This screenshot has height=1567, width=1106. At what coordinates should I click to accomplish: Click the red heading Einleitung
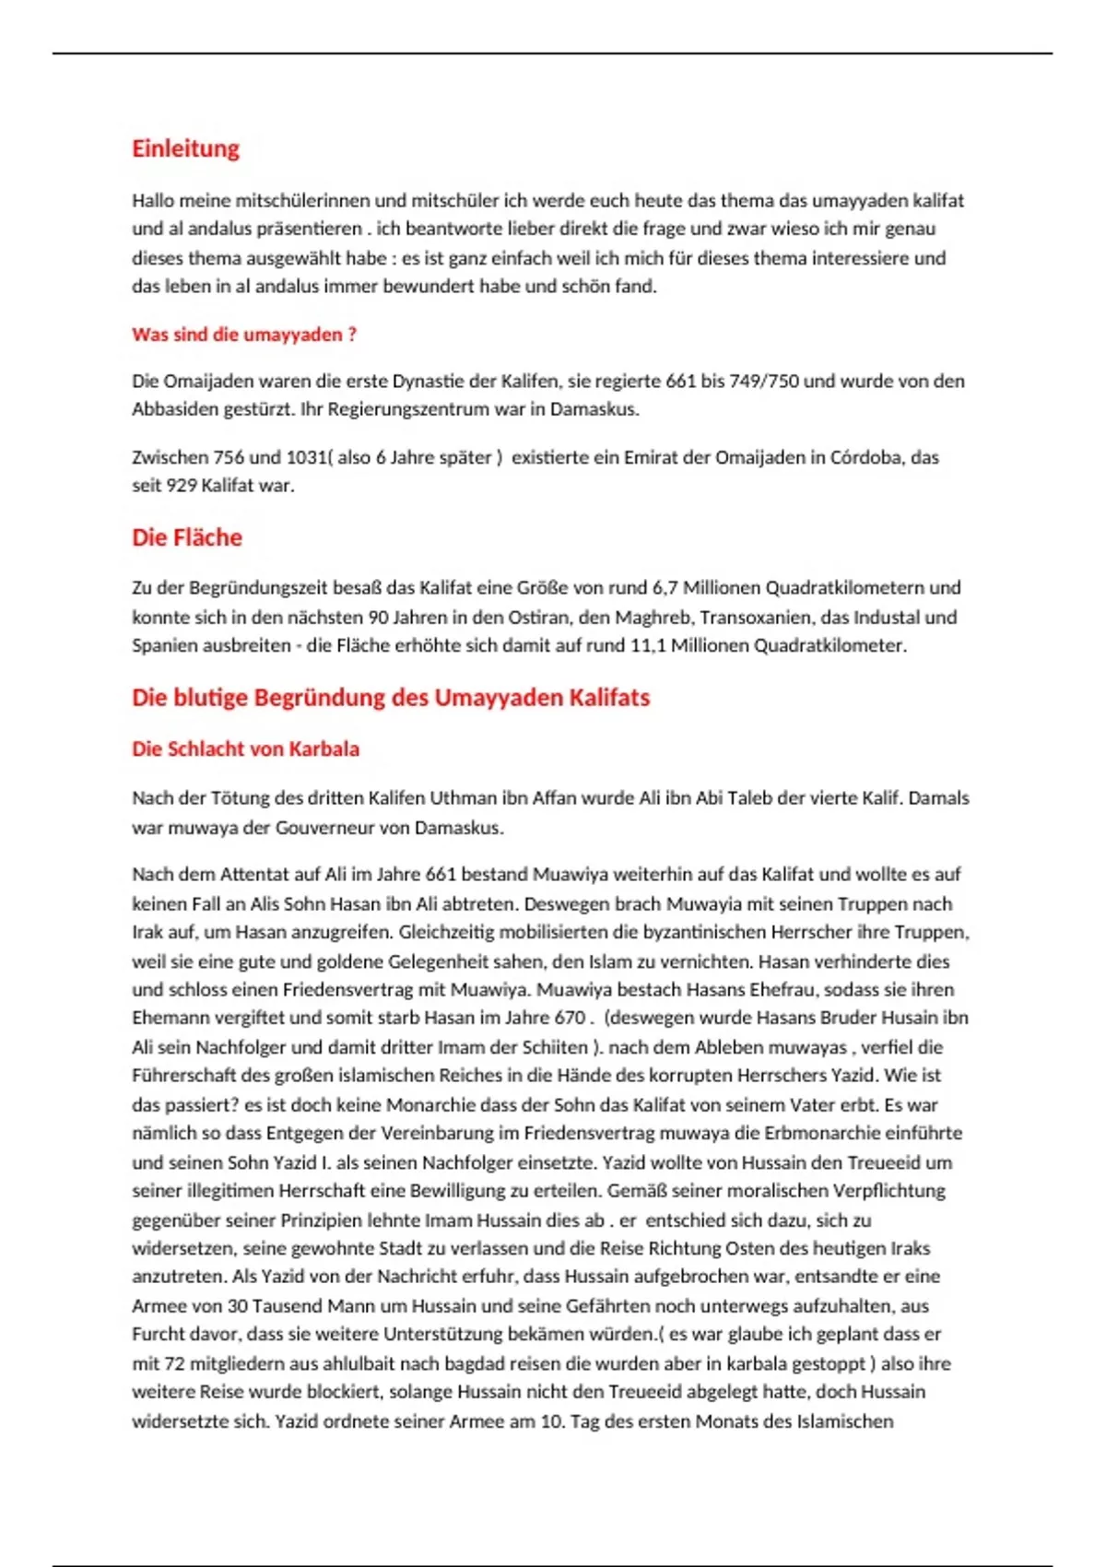click(x=185, y=148)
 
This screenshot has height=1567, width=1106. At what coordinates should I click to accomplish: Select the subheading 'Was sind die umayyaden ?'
click(x=244, y=335)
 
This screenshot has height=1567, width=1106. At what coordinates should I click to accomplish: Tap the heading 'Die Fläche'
click(x=187, y=537)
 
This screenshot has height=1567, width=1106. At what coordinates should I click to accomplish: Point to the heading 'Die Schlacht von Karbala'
click(x=245, y=748)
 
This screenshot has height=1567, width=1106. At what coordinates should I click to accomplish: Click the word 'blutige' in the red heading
click(x=210, y=698)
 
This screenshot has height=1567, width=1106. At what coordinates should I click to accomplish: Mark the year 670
click(x=570, y=1018)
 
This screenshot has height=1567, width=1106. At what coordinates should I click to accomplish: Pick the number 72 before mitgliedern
click(x=174, y=1363)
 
